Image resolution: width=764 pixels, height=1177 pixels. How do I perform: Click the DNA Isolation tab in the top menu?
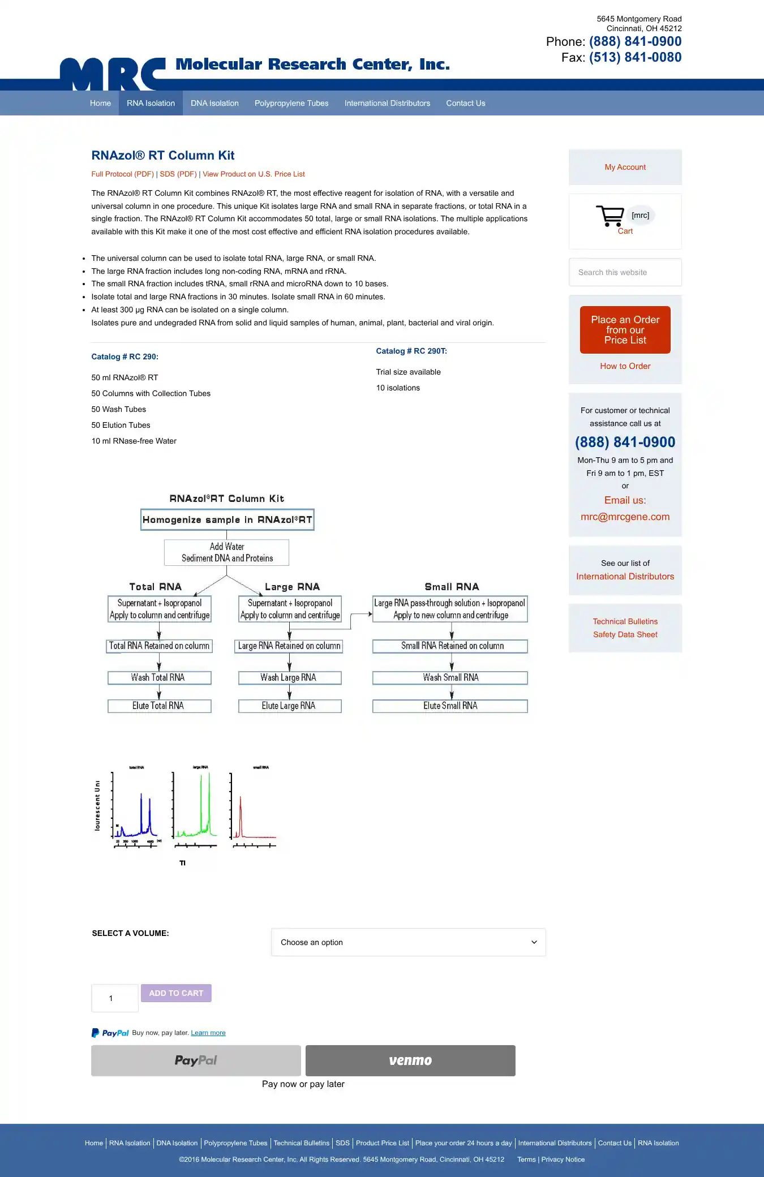214,103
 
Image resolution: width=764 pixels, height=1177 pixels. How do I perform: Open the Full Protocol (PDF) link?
122,174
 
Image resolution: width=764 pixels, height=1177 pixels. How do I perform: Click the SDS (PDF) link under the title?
178,174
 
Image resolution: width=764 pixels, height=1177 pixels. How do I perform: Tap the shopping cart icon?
610,216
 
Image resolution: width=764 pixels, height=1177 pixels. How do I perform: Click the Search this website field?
625,272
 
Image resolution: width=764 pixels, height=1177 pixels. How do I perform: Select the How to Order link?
625,366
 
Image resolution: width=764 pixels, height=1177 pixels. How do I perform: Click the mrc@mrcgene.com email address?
625,517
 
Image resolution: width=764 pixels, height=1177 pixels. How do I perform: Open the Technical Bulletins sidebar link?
625,621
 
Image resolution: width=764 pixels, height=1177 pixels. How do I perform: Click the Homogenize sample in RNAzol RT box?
227,519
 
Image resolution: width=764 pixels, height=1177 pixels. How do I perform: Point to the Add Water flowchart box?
227,552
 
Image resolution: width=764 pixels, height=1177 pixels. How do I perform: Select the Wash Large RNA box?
289,677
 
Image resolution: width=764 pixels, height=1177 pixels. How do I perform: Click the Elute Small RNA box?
450,706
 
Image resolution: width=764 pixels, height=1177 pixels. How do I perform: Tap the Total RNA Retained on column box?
159,646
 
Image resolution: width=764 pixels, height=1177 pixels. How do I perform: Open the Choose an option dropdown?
408,942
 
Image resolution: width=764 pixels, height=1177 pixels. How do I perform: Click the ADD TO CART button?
176,993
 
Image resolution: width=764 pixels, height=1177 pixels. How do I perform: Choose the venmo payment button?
410,1060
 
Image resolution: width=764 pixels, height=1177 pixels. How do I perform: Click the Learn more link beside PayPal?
208,1033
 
